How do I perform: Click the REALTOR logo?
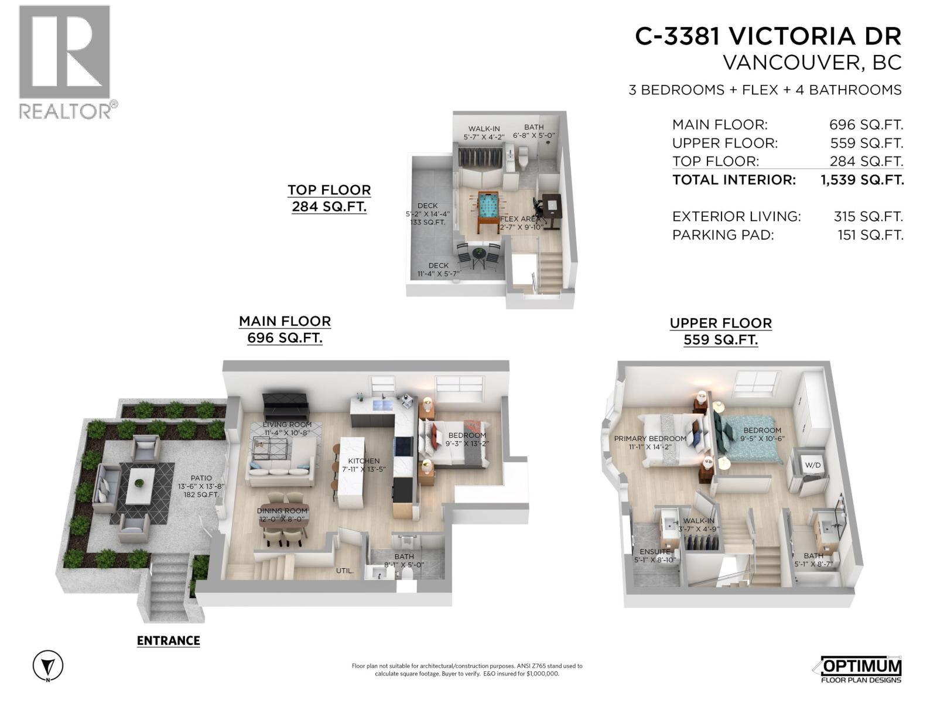point(64,62)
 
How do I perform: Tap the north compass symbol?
point(48,666)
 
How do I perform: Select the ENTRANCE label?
point(168,641)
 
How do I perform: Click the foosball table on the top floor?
point(484,210)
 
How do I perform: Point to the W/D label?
point(813,465)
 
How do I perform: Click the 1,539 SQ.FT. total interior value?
point(862,180)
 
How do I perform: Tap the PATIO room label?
point(201,479)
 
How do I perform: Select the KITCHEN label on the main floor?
point(364,461)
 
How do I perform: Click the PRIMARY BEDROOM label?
point(650,439)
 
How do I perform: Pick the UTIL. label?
point(344,571)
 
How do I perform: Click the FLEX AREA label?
point(520,219)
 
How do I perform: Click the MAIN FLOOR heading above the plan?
point(285,322)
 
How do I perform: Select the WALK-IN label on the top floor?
point(484,129)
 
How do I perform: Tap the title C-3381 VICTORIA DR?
point(768,36)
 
